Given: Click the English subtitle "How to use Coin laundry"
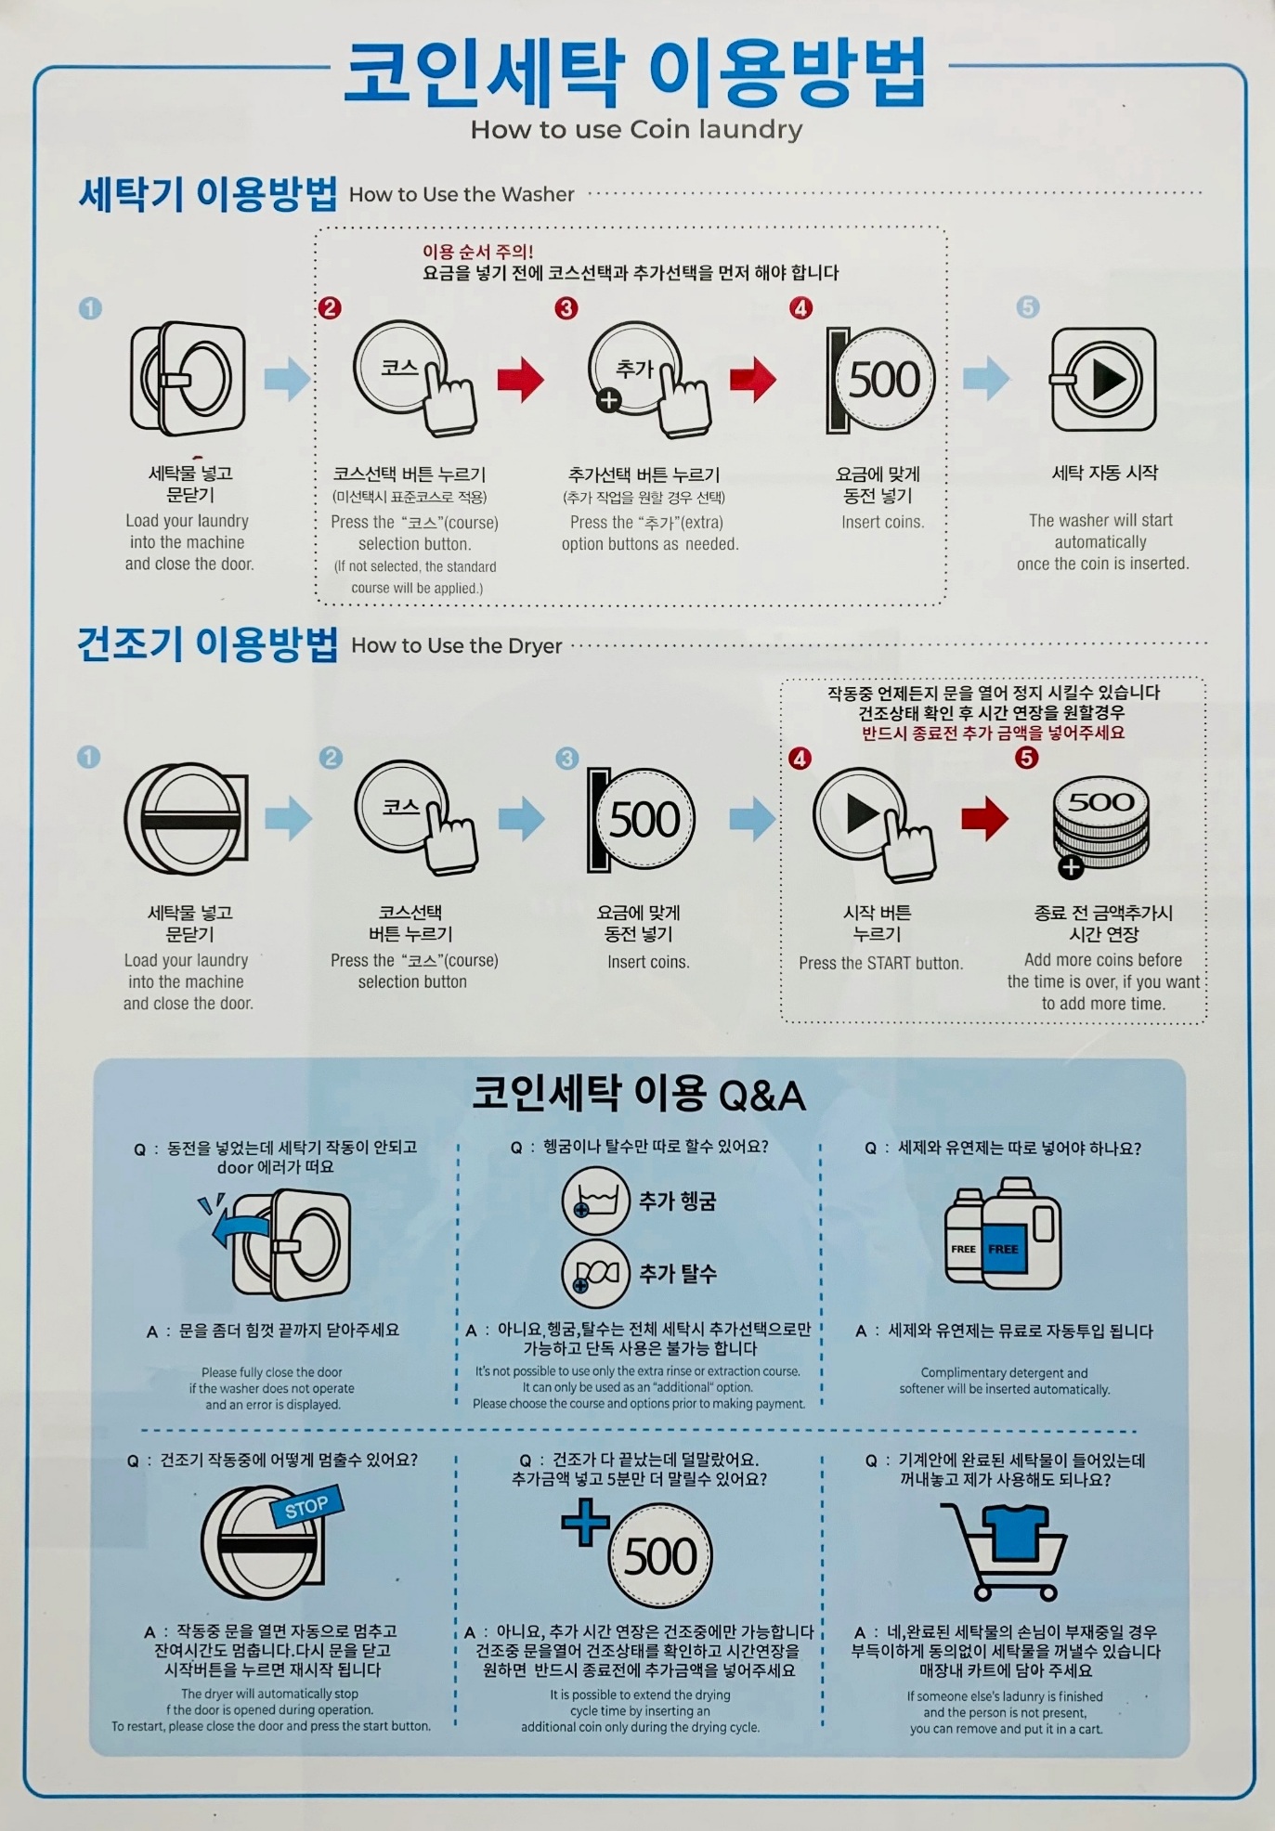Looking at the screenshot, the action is [636, 130].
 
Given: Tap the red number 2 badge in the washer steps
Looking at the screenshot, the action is [330, 307].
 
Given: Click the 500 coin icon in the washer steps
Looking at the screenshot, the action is [880, 379].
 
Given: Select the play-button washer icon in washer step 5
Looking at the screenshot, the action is [1103, 379].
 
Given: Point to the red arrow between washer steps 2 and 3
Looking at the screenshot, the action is [521, 379].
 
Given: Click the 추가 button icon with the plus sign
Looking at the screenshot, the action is [647, 379].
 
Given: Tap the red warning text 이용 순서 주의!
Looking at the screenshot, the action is [478, 252].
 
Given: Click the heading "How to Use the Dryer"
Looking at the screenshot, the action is [457, 645].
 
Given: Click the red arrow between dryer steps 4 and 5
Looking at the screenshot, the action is [985, 818].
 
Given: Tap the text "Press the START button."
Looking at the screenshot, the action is [880, 963].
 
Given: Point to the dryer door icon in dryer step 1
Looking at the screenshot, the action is [187, 819].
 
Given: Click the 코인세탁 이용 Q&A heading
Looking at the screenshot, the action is [639, 1094].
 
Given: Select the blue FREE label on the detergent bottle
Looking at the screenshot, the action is [1003, 1249].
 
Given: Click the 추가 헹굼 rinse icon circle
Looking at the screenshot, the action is [597, 1201].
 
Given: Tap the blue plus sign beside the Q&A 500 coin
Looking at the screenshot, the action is [585, 1522].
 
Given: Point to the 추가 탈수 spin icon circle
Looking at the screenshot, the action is [597, 1273].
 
